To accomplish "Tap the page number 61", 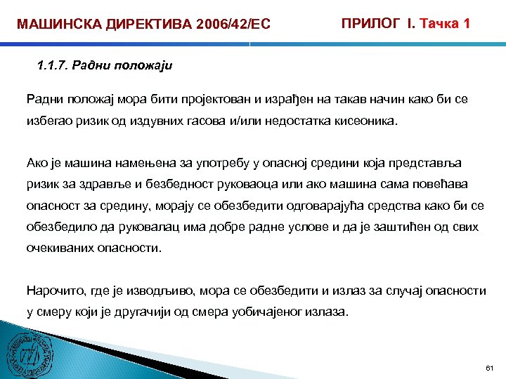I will pyautogui.click(x=490, y=368).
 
